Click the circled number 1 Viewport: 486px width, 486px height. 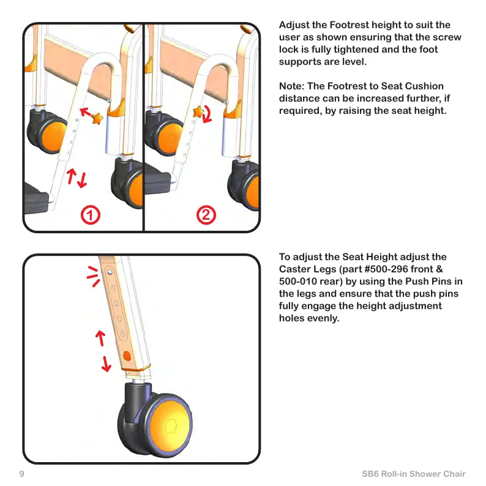click(90, 215)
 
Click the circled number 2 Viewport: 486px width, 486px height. click(206, 215)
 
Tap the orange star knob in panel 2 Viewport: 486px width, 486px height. click(198, 111)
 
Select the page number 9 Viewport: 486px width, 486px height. click(21, 474)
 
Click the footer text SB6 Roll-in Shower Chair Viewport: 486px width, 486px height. click(414, 474)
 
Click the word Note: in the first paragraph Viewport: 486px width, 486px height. click(293, 86)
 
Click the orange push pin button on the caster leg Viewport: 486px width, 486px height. click(127, 356)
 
